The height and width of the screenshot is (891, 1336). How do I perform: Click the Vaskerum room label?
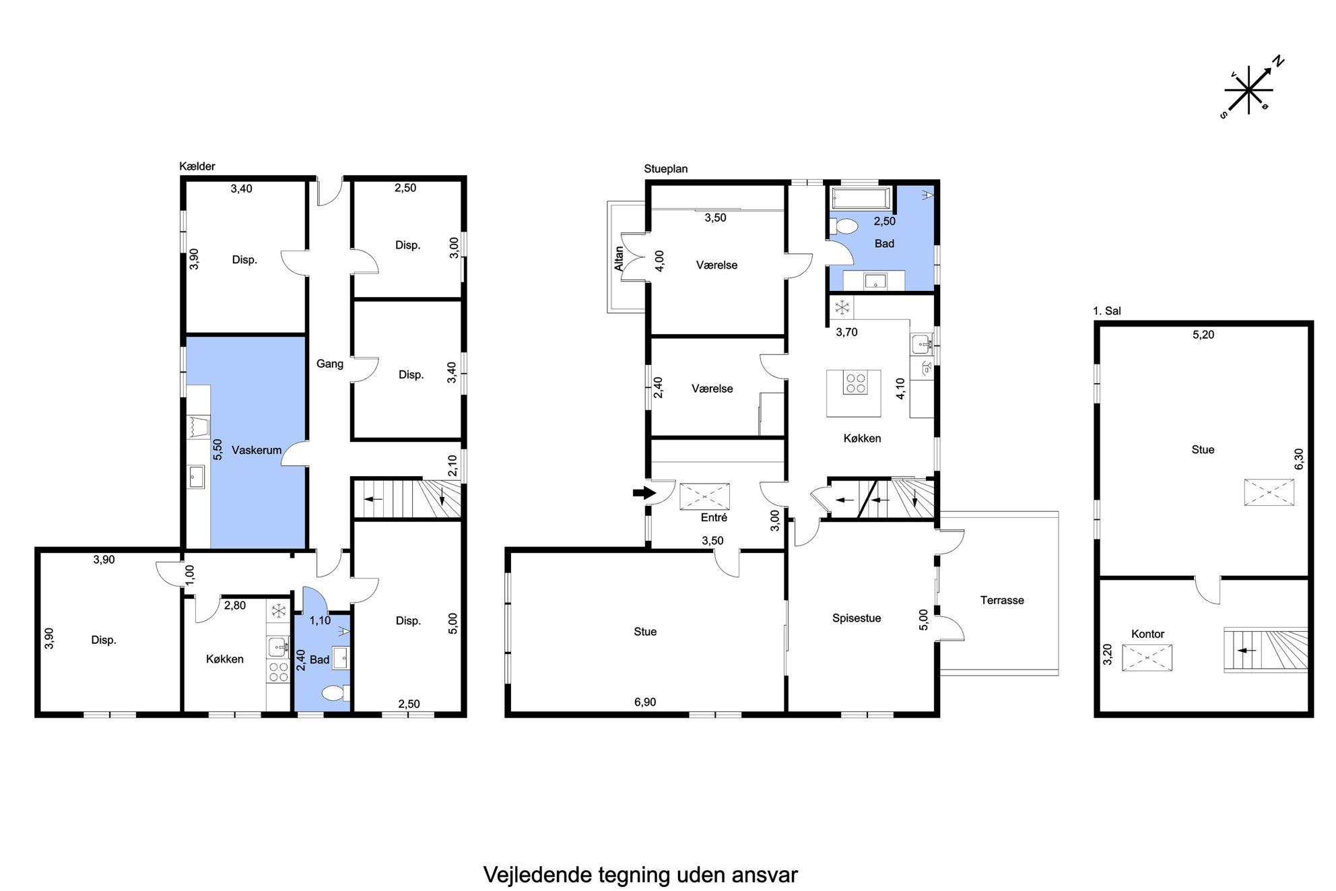pyautogui.click(x=257, y=450)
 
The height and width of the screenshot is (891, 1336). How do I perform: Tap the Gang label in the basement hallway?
pyautogui.click(x=330, y=364)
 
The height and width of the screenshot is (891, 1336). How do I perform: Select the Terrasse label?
pyautogui.click(x=1002, y=600)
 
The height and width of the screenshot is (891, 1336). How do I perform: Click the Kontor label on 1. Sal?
pyautogui.click(x=1147, y=634)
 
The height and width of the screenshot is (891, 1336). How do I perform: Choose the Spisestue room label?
pyautogui.click(x=857, y=618)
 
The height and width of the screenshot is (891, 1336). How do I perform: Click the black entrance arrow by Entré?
pyautogui.click(x=644, y=492)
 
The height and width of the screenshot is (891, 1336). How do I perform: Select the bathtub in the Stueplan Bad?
pyautogui.click(x=862, y=199)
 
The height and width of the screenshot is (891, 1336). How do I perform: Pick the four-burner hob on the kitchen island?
pyautogui.click(x=856, y=383)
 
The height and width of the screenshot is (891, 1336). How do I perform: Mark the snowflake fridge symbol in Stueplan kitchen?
pyautogui.click(x=842, y=308)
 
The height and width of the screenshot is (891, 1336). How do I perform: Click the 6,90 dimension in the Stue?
pyautogui.click(x=644, y=702)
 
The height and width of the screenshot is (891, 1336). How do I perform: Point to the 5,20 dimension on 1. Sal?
pyautogui.click(x=1203, y=335)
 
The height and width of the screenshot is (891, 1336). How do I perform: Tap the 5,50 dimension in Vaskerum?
pyautogui.click(x=217, y=450)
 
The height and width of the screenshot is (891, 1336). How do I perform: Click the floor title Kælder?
pyautogui.click(x=197, y=166)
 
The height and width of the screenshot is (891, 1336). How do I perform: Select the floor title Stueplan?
pyautogui.click(x=666, y=169)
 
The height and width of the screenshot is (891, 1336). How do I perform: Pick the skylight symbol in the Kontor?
pyautogui.click(x=1147, y=657)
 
